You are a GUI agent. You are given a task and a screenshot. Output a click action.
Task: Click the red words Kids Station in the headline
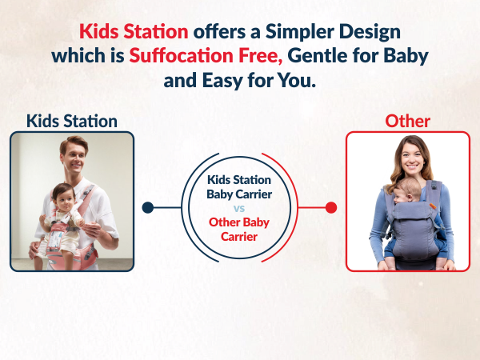pos(133,32)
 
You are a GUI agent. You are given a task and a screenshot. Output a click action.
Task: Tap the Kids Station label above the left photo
pos(72,121)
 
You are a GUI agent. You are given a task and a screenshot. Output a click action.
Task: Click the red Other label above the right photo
pos(407,121)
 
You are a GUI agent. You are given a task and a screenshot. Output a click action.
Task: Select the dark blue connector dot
pos(147,208)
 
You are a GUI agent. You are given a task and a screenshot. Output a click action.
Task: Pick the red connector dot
pos(331,208)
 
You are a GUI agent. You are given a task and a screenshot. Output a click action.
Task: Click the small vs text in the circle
pos(240,207)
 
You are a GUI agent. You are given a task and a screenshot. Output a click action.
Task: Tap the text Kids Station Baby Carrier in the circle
pos(240,186)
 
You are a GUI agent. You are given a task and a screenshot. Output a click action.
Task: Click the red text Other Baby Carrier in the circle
pos(240,229)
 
